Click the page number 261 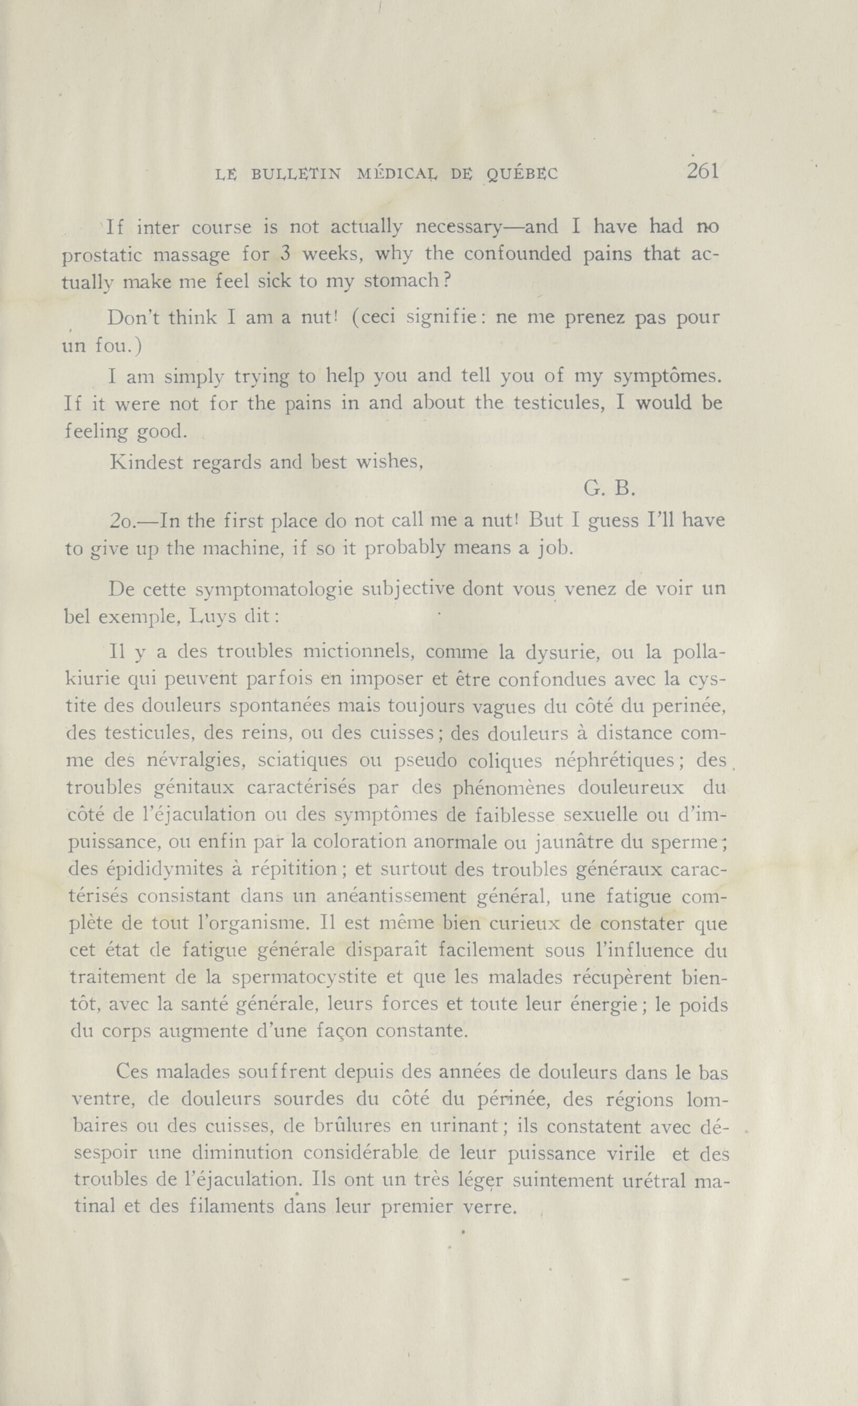702,171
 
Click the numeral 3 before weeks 286,254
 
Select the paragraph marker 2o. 121,520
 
